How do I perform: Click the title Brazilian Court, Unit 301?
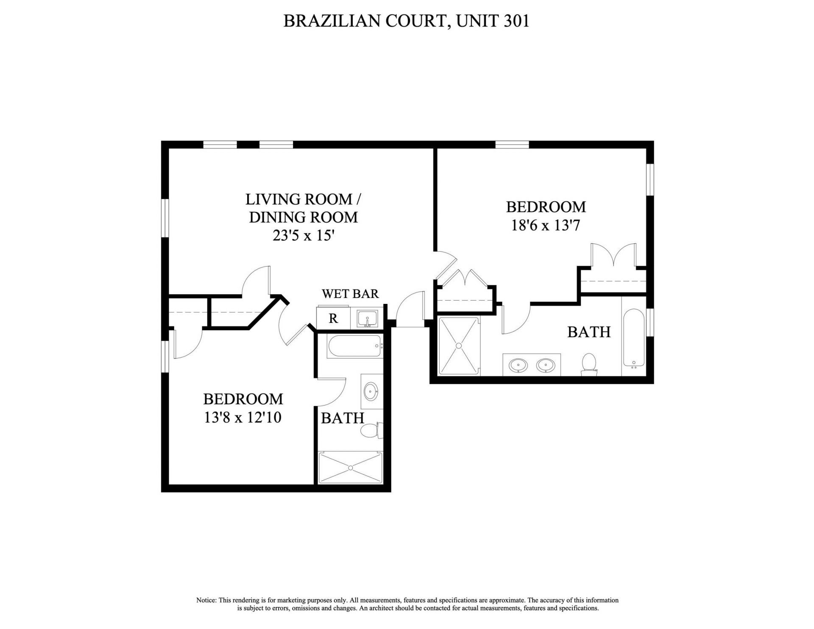[406, 20]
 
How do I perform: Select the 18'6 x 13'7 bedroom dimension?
[546, 225]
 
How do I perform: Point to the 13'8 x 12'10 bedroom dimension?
[243, 417]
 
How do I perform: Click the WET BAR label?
[350, 294]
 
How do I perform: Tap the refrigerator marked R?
[333, 318]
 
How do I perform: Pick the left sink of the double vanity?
[519, 365]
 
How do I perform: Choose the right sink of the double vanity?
[546, 365]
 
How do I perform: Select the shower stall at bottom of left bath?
[351, 468]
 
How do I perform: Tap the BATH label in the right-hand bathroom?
[588, 332]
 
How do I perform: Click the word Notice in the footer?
[206, 600]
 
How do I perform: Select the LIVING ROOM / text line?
[303, 199]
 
